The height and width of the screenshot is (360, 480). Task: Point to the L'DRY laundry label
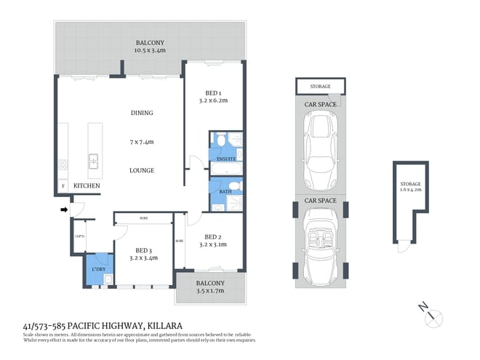coord(98,270)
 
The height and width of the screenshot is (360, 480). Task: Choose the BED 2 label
coord(212,237)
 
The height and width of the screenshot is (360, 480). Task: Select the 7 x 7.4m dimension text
coord(142,142)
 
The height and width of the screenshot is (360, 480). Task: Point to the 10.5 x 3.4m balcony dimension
coord(151,51)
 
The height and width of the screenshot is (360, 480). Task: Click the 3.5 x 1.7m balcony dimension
coord(209,292)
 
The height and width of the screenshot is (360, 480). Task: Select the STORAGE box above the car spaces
coord(321,87)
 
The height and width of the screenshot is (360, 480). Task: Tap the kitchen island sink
coord(94,161)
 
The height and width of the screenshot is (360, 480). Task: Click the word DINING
coord(142,113)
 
